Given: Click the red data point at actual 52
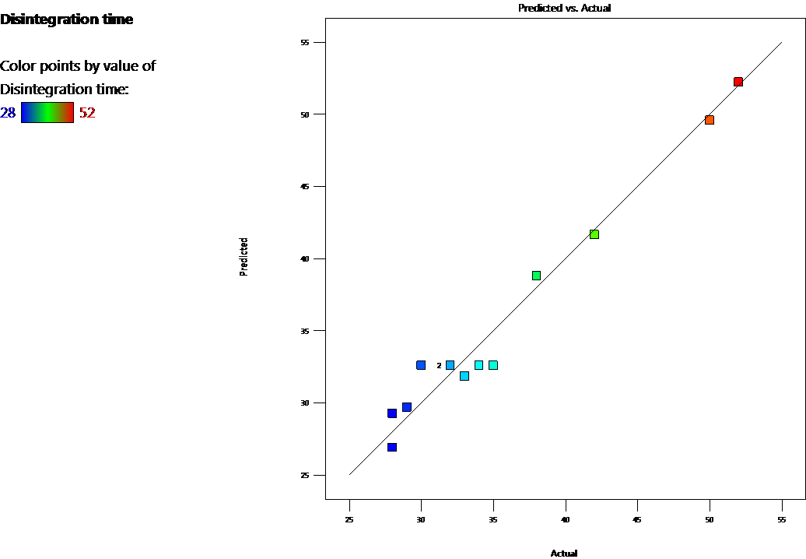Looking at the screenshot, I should click(x=738, y=82).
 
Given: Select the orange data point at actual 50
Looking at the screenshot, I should click(x=710, y=120).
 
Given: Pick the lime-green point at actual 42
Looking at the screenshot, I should click(x=594, y=234).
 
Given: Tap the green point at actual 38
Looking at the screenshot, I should click(x=536, y=276).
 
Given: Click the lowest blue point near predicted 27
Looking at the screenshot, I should click(x=392, y=447).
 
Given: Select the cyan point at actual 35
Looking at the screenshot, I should click(x=493, y=365).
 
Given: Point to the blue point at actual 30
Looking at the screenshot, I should click(x=421, y=365).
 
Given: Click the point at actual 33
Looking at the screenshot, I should click(x=464, y=376).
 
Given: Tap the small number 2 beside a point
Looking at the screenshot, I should click(x=439, y=365).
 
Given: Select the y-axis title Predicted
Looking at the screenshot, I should click(x=244, y=257).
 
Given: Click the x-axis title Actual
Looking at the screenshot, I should click(x=564, y=554).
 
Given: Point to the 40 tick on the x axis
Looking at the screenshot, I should click(x=566, y=518).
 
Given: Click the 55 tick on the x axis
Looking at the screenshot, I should click(x=782, y=518).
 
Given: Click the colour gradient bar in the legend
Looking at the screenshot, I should click(x=47, y=113).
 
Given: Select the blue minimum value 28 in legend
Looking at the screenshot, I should click(x=8, y=113).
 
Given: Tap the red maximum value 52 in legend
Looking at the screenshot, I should click(x=87, y=113).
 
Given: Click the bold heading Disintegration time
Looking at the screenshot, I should click(x=67, y=19).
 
